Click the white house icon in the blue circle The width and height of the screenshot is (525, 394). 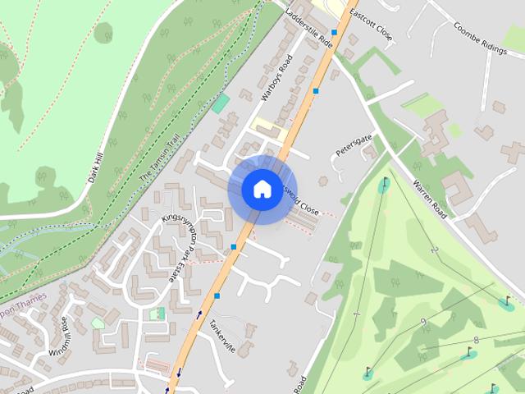click(x=262, y=189)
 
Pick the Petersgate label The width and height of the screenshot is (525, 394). click(x=353, y=145)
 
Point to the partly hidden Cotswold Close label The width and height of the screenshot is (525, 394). click(x=303, y=204)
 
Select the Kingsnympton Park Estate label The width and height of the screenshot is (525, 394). click(x=184, y=245)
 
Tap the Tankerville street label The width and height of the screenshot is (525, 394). click(x=221, y=336)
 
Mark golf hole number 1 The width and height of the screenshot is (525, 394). click(x=357, y=314)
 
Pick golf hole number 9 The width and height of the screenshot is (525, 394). click(x=422, y=321)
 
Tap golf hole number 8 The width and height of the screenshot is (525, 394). click(x=476, y=340)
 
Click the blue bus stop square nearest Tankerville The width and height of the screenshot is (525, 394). click(x=217, y=295)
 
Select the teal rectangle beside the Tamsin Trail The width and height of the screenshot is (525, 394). click(x=220, y=103)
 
